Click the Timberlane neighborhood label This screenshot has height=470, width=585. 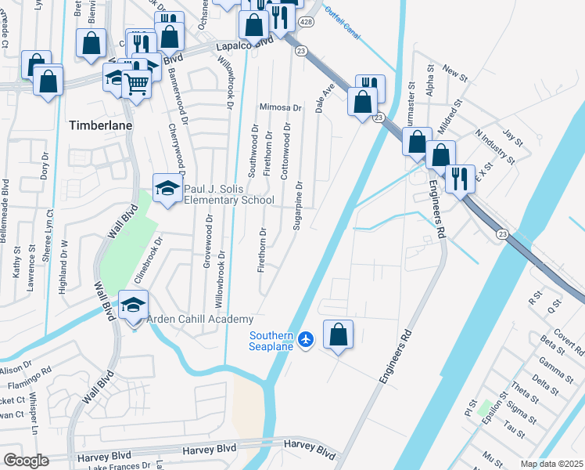coord(100,125)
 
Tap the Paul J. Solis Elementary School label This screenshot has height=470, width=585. coord(228,194)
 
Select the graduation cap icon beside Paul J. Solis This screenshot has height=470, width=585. coord(166,188)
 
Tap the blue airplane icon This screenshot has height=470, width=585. coord(306,338)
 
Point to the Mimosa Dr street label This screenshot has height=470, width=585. coord(281,107)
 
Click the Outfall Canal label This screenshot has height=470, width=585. coord(343,13)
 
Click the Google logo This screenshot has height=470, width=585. coord(26,461)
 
